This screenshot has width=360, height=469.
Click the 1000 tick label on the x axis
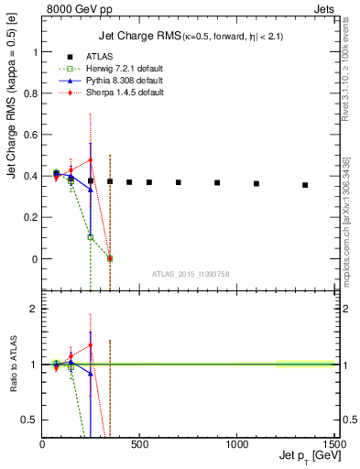(238, 442)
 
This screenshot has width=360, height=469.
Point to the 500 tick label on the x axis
(140, 442)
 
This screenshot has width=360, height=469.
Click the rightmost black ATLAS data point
(305, 185)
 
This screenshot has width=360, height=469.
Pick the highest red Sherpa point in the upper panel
(90, 160)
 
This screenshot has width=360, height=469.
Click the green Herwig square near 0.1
(90, 237)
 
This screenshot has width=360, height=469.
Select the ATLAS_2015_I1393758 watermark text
(190, 274)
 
